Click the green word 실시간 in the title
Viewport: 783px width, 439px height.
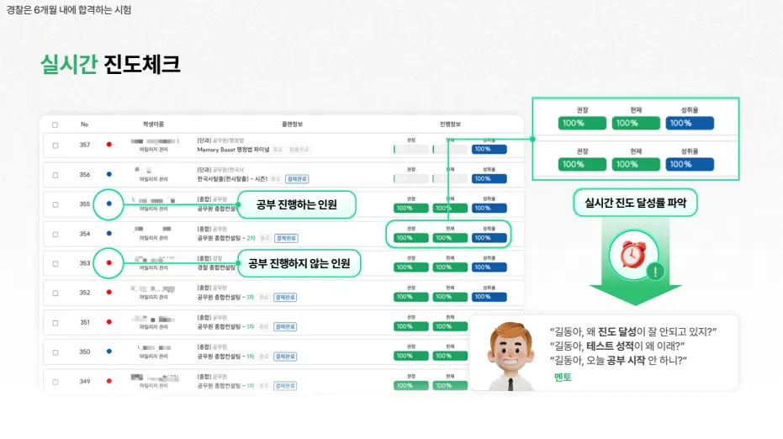tap(69, 65)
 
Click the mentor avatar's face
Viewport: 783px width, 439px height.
tap(512, 348)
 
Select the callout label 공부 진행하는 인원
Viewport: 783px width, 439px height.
tap(296, 204)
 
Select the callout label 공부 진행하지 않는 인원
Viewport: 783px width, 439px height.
tap(299, 263)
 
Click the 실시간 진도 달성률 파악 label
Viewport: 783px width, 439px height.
tap(636, 203)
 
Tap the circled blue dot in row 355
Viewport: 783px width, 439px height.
tap(109, 204)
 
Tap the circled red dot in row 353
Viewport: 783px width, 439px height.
tap(109, 263)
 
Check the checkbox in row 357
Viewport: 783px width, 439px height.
tap(56, 145)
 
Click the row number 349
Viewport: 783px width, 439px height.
tap(84, 382)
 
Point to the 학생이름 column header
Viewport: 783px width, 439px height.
tap(154, 124)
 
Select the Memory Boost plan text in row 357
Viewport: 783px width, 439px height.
tap(233, 150)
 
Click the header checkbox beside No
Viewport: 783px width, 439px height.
tap(56, 124)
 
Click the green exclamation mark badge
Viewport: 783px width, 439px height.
tap(655, 272)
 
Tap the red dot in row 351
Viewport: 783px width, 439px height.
tap(109, 322)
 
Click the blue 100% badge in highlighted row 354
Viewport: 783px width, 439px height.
tap(489, 238)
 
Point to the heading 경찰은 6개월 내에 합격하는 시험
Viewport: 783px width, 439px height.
tap(69, 10)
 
